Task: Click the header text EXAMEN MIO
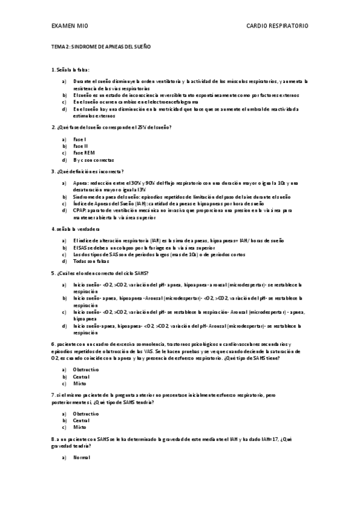coord(69,26)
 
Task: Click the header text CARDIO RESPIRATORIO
coord(278,26)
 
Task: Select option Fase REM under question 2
coord(84,153)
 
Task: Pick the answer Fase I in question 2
coord(79,139)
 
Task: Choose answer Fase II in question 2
coord(81,146)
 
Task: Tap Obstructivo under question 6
coord(86,369)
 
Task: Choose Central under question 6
coord(81,376)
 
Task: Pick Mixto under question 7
coord(79,427)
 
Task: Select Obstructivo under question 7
coord(86,414)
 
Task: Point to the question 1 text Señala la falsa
coord(73,69)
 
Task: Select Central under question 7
coord(81,420)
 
